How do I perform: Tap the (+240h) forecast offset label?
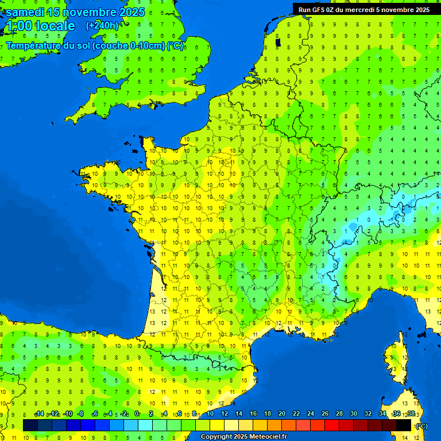(102, 25)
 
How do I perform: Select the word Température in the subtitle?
(33, 46)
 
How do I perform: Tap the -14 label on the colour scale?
(40, 414)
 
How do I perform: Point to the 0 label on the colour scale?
(137, 414)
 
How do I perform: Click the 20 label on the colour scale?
(282, 414)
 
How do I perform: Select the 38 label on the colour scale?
(411, 414)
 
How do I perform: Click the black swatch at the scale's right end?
(404, 425)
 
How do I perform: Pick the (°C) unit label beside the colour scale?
(421, 425)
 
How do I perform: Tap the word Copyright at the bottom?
(216, 437)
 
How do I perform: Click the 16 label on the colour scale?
(253, 414)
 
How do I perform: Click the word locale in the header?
(55, 26)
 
